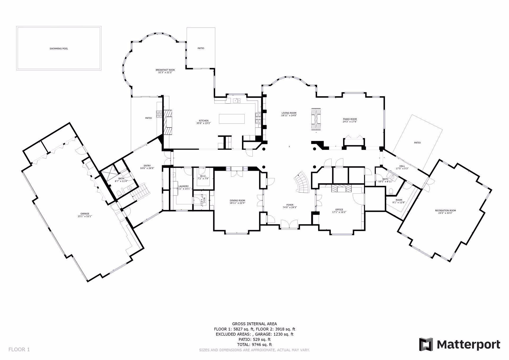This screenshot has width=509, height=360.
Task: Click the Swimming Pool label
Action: click(x=59, y=49)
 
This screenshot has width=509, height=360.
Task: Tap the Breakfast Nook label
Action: click(x=165, y=70)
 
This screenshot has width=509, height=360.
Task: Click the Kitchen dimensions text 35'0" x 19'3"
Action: click(x=204, y=123)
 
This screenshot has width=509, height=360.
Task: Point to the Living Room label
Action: click(x=289, y=113)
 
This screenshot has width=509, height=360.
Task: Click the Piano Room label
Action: click(x=350, y=119)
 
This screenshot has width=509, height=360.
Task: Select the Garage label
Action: click(x=85, y=214)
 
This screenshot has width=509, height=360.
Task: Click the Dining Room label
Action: click(x=237, y=200)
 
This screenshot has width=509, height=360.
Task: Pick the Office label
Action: click(x=339, y=210)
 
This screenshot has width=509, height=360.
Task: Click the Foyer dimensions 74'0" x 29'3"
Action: click(x=290, y=207)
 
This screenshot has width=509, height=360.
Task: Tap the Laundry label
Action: click(x=183, y=186)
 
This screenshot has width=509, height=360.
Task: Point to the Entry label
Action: click(x=147, y=166)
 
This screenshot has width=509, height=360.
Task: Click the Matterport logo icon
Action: click(x=426, y=344)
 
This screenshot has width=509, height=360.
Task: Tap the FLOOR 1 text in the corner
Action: click(x=19, y=349)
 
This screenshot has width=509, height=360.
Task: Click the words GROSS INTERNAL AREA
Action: click(x=254, y=324)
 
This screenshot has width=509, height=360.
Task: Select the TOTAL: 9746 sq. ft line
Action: click(x=254, y=345)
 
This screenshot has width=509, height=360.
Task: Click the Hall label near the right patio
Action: click(x=402, y=166)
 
